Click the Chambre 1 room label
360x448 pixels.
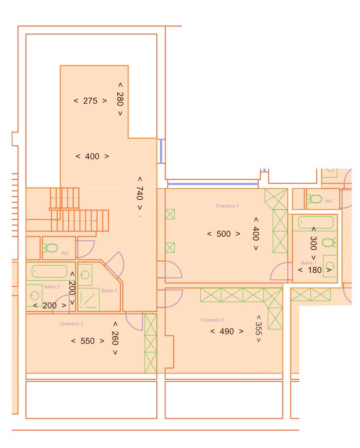point(227,206)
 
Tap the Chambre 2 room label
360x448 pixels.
point(72,324)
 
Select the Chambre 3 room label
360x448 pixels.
point(212,320)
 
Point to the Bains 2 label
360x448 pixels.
point(52,287)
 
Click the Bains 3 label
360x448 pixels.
point(109,290)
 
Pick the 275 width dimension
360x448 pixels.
point(90,101)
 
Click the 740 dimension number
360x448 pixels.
point(140,193)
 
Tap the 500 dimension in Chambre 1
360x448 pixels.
point(223,234)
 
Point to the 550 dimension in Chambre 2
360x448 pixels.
point(87,341)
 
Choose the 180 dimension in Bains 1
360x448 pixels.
point(315,270)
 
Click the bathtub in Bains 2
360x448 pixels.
point(50,271)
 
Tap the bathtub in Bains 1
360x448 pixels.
point(316,222)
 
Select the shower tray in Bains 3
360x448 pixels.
point(89,299)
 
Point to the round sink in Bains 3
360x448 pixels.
point(85,275)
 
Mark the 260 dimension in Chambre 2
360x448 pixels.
point(115,338)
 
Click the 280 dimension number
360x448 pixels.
point(120,99)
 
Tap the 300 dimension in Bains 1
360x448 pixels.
point(313,243)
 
